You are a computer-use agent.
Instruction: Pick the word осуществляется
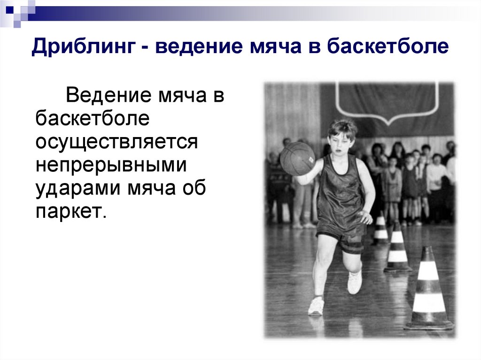click(116, 142)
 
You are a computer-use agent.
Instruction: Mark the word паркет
click(68, 212)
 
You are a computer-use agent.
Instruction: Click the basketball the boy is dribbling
click(297, 159)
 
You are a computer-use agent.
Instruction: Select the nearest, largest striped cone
click(428, 291)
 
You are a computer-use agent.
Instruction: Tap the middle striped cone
click(397, 249)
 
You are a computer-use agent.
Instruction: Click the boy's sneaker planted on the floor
click(317, 306)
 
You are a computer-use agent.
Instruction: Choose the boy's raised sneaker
click(354, 281)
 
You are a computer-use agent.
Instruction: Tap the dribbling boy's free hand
click(365, 217)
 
